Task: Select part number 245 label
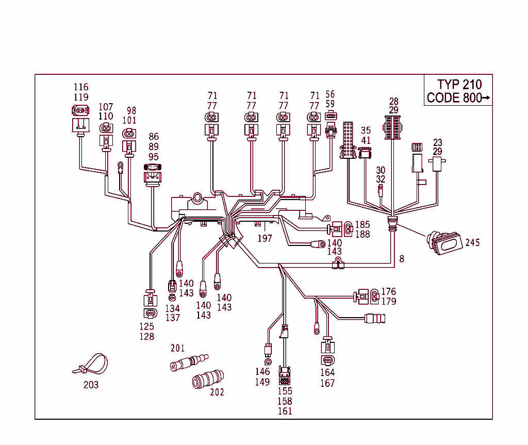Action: click(472, 242)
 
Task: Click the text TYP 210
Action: click(459, 85)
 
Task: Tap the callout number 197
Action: click(265, 238)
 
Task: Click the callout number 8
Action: click(402, 259)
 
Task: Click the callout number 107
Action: click(106, 107)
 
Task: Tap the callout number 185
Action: click(362, 225)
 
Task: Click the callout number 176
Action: click(388, 292)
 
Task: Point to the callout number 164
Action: click(327, 372)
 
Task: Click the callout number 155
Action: click(285, 391)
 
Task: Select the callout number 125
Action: click(147, 326)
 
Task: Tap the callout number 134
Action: click(173, 308)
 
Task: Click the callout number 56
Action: click(330, 94)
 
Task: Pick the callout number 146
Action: click(262, 372)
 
